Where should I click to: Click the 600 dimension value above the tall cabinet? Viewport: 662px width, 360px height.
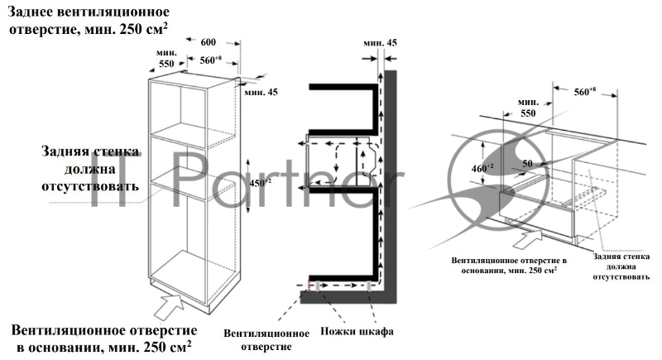(209, 41)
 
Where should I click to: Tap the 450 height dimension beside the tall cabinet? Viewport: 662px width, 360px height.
(261, 183)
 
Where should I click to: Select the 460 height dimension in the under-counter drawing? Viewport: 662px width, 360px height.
(482, 168)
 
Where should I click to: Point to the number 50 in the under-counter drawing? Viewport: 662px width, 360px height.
(527, 163)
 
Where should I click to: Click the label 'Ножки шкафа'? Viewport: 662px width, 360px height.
(357, 331)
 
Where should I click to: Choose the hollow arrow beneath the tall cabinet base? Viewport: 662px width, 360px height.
(169, 307)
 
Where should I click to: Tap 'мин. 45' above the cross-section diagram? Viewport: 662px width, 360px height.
(380, 43)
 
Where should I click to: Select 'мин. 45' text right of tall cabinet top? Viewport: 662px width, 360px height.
(261, 92)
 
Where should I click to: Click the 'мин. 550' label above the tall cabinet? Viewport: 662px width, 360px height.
(166, 58)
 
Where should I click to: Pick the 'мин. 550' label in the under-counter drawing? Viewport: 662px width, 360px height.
(528, 108)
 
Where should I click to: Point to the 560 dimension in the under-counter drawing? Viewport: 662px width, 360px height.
(585, 91)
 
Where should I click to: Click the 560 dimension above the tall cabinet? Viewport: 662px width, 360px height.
(211, 60)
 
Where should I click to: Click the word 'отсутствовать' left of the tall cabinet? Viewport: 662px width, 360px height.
(90, 186)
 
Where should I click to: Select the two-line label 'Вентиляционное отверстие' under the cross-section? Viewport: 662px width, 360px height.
(266, 340)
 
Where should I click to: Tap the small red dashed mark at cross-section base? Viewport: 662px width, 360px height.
(309, 286)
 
